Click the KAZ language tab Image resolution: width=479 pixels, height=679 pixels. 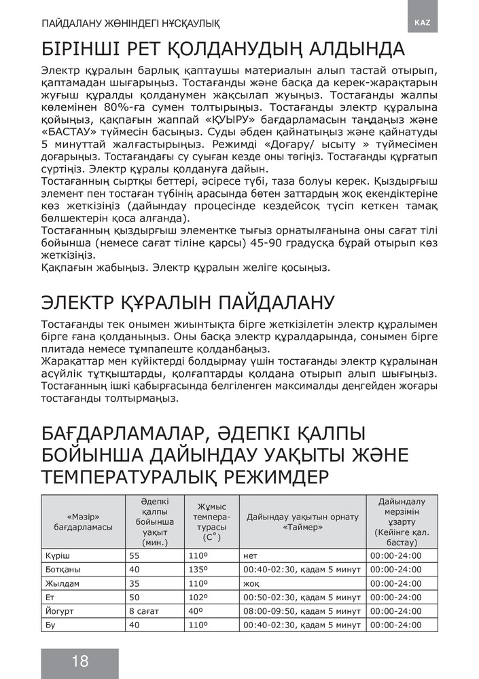coord(423,22)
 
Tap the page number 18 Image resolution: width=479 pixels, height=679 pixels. coord(79,661)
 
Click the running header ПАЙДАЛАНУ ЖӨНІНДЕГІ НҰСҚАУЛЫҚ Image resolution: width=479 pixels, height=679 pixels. coord(130,23)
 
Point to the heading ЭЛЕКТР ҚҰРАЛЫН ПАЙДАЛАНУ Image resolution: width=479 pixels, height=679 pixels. coord(188,301)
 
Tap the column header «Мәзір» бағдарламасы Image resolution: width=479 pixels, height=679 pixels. coord(84,521)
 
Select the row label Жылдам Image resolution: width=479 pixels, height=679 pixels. coord(61,583)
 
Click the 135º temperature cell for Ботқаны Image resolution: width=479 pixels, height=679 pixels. coord(198,569)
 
